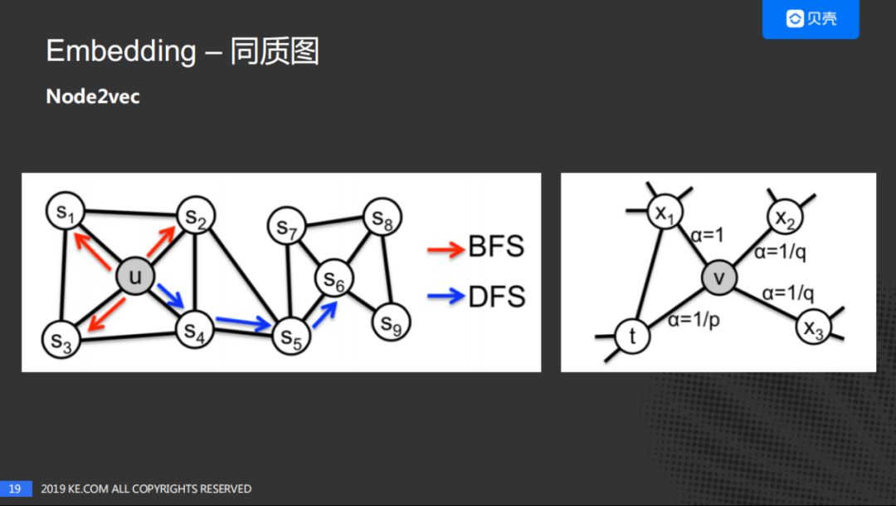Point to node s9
coord(390,323)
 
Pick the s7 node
coord(286,227)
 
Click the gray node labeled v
coord(718,278)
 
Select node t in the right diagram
coord(633,336)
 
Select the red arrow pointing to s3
coord(105,317)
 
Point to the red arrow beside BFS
coord(446,248)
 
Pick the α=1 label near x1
coord(707,236)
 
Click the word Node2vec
coord(93,96)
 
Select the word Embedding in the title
coord(121,52)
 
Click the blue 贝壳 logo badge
coord(811,19)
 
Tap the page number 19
coord(15,489)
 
